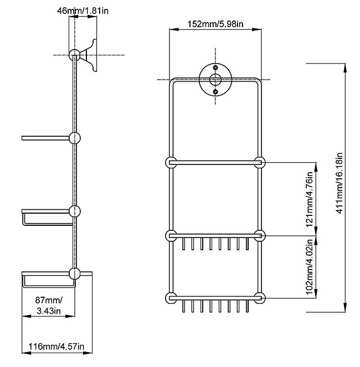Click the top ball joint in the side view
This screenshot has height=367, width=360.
(74, 55)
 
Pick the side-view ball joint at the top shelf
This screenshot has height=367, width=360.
(74, 138)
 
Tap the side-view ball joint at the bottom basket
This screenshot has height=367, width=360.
(74, 273)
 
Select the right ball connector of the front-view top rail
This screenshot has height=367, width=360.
(259, 162)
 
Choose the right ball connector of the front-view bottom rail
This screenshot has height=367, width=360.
(259, 297)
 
